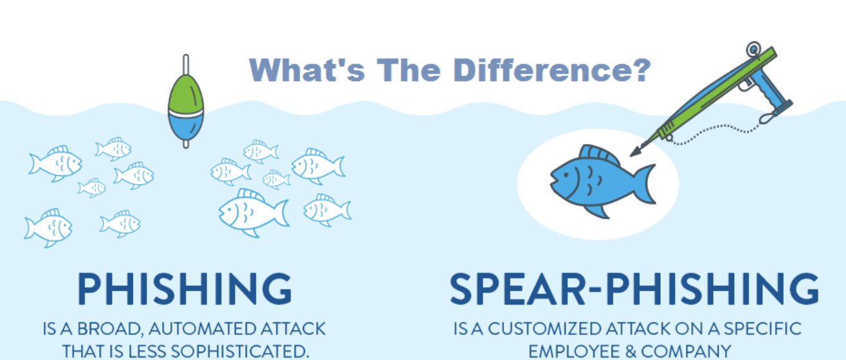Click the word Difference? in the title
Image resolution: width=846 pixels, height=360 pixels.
click(552, 70)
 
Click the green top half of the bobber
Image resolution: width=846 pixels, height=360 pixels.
click(186, 93)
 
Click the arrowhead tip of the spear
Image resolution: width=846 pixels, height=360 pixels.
click(631, 156)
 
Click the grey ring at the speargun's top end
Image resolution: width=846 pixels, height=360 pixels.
click(753, 50)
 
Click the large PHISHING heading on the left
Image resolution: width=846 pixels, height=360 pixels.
click(184, 289)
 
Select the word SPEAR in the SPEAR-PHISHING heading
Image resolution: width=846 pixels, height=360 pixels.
click(517, 289)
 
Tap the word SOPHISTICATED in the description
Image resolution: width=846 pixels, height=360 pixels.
click(240, 351)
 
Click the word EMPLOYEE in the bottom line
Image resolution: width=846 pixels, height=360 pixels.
click(574, 351)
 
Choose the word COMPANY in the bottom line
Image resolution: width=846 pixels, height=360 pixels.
click(686, 351)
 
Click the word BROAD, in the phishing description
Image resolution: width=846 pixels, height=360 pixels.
click(111, 329)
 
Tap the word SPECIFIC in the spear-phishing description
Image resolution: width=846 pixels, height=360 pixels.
click(762, 328)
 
